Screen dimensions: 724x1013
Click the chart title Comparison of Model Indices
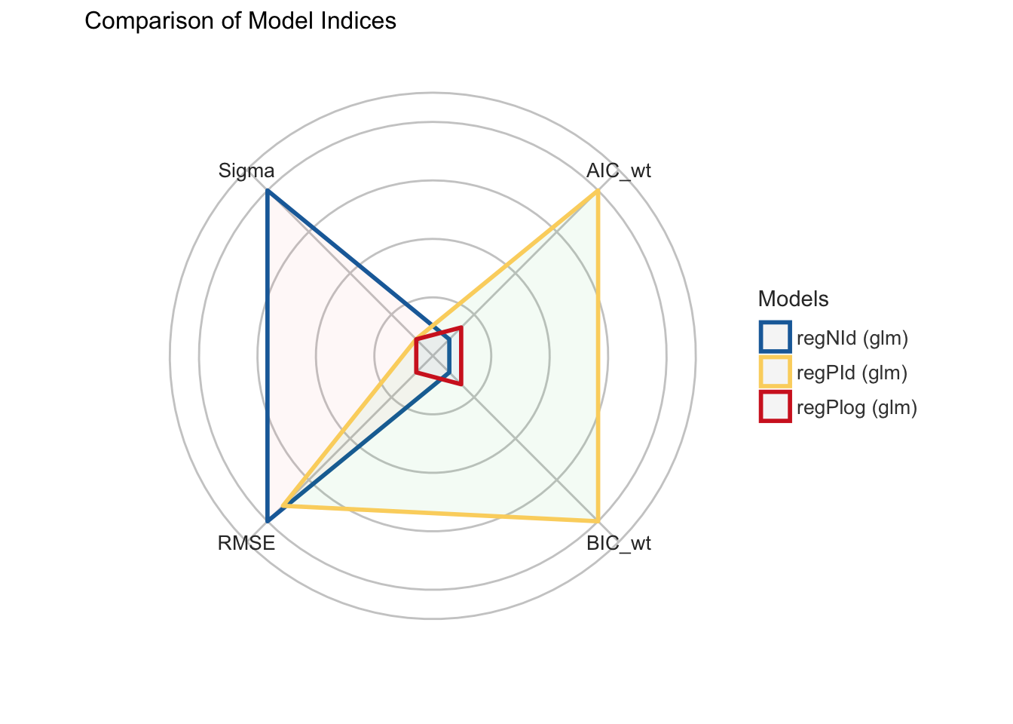click(240, 21)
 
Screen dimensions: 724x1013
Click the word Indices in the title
click(364, 21)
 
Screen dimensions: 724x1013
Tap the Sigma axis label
click(246, 170)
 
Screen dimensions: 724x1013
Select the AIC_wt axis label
click(618, 171)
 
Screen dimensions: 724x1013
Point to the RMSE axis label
click(246, 543)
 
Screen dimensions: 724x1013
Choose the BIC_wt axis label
click(618, 543)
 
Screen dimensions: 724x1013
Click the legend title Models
click(793, 299)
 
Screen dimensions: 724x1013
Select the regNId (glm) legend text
click(852, 338)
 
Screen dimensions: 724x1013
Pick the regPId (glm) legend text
click(851, 373)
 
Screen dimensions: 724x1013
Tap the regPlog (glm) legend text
click(856, 408)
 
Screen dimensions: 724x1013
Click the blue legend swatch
click(775, 337)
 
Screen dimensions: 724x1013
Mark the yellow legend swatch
click(775, 373)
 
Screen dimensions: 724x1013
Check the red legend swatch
click(775, 407)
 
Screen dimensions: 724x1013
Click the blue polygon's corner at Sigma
click(268, 192)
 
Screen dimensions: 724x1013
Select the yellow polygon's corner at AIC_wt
click(598, 192)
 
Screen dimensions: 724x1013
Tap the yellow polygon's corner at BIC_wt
click(598, 520)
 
